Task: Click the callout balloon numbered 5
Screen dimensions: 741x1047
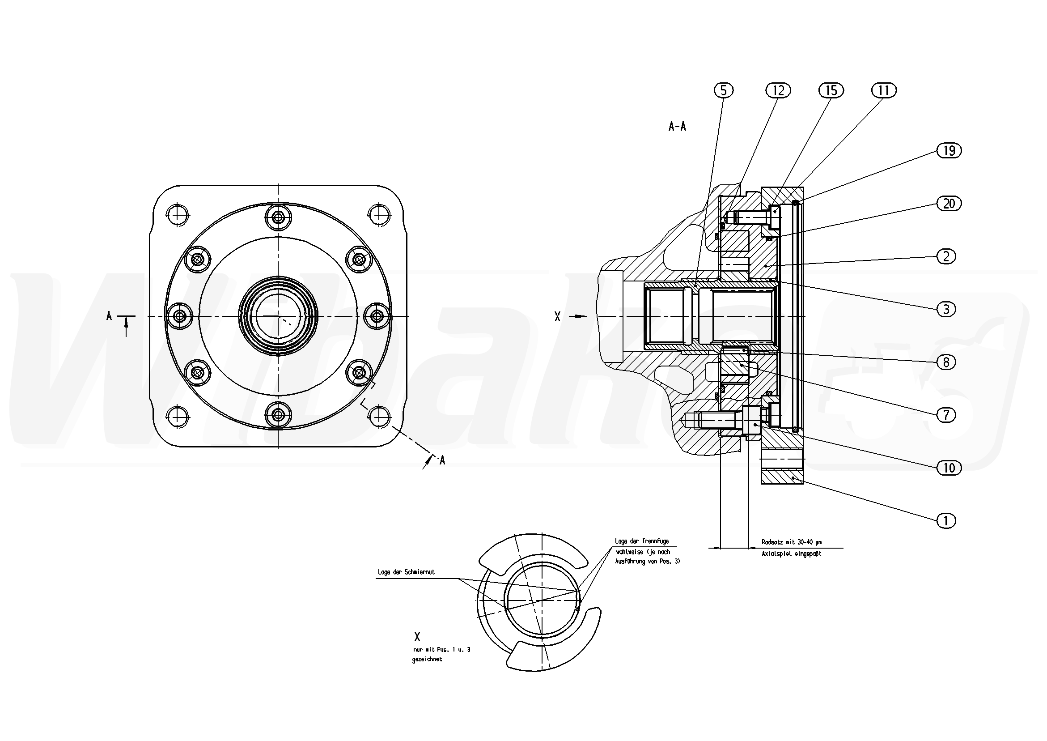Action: (723, 90)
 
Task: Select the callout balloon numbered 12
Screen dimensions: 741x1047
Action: (778, 90)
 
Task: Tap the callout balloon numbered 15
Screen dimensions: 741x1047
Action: (831, 90)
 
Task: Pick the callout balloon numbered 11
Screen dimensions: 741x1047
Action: (884, 90)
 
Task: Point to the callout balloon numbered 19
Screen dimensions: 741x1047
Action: (949, 151)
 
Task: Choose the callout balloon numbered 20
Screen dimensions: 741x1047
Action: (949, 203)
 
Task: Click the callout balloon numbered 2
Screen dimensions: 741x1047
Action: (946, 256)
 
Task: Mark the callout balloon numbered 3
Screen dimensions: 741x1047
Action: (946, 309)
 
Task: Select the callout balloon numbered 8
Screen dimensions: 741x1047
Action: (946, 362)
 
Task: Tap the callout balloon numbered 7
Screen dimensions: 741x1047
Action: (946, 415)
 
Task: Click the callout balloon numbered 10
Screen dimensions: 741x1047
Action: (949, 468)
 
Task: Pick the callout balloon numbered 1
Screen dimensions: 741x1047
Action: (946, 520)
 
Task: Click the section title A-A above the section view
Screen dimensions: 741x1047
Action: (677, 126)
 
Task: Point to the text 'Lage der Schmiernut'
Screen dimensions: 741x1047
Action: (406, 572)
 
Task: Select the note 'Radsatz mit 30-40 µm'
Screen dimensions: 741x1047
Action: (792, 542)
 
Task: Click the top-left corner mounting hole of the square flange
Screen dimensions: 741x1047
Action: (177, 213)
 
